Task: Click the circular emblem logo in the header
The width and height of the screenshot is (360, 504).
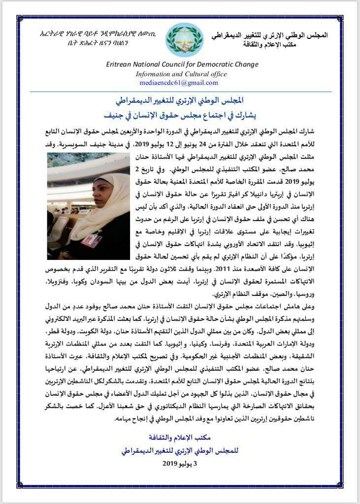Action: pyautogui.click(x=185, y=40)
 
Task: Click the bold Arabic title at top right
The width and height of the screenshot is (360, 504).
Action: pyautogui.click(x=269, y=35)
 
